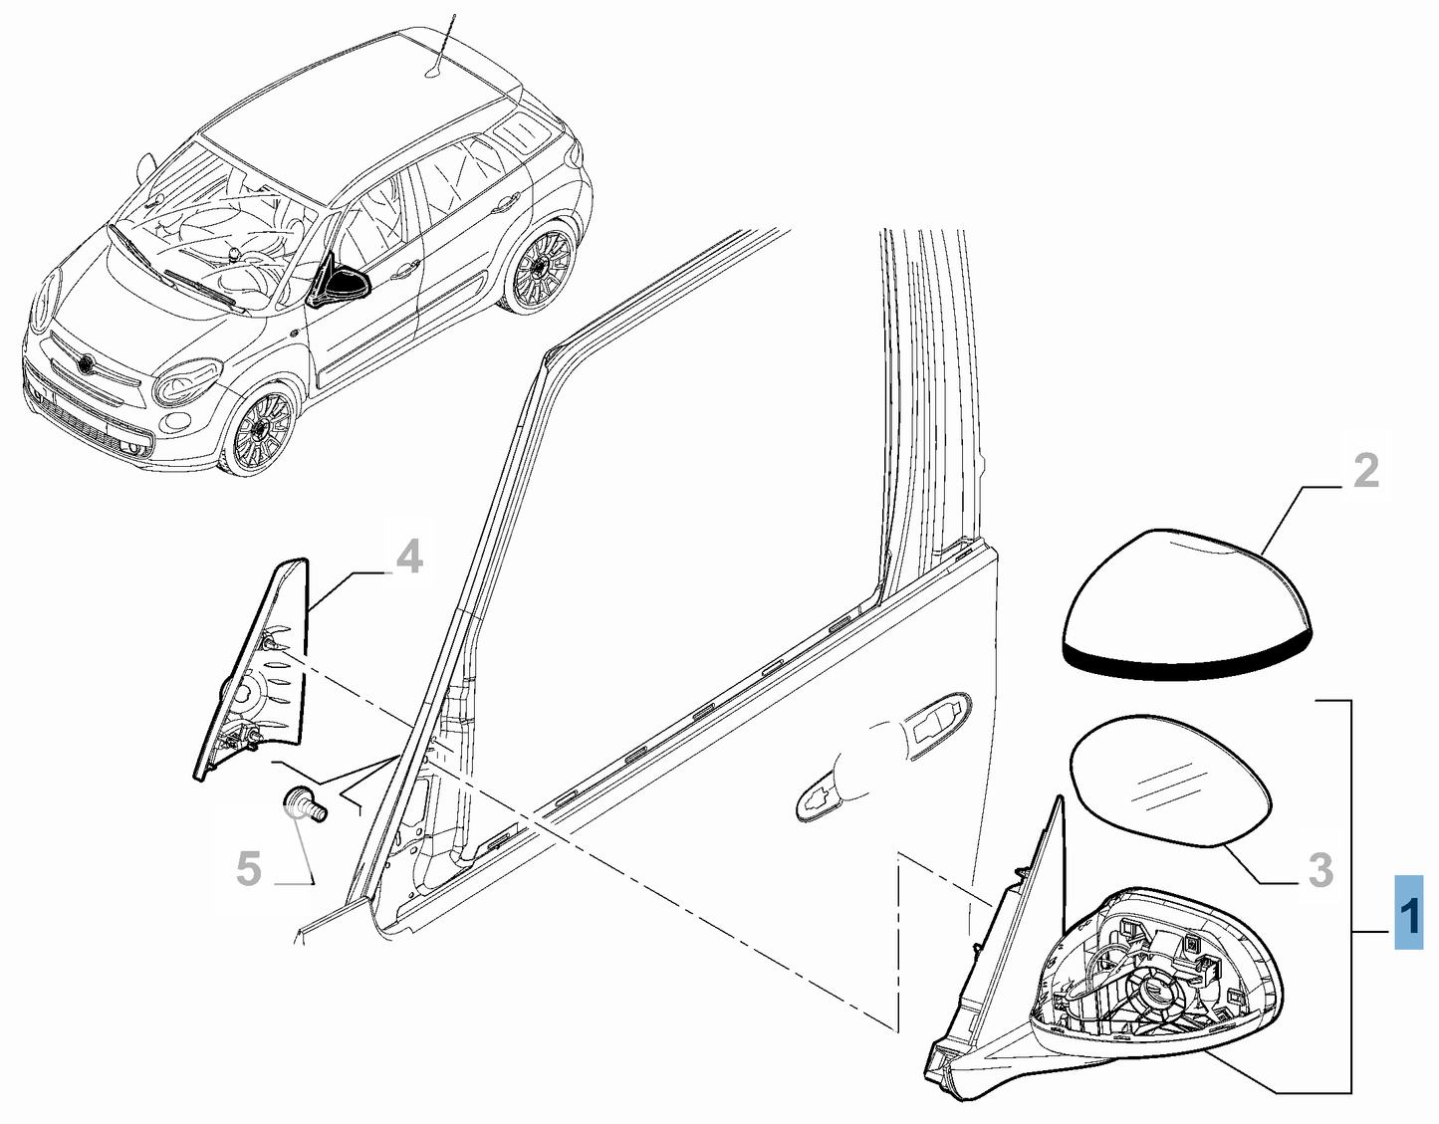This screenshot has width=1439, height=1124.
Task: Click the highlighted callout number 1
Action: (x=1408, y=912)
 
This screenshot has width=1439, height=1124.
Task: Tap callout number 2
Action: (x=1365, y=470)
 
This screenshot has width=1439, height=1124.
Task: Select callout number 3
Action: (x=1319, y=869)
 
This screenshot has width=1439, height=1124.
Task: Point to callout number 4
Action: (x=408, y=558)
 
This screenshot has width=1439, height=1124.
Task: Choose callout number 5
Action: (x=248, y=868)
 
